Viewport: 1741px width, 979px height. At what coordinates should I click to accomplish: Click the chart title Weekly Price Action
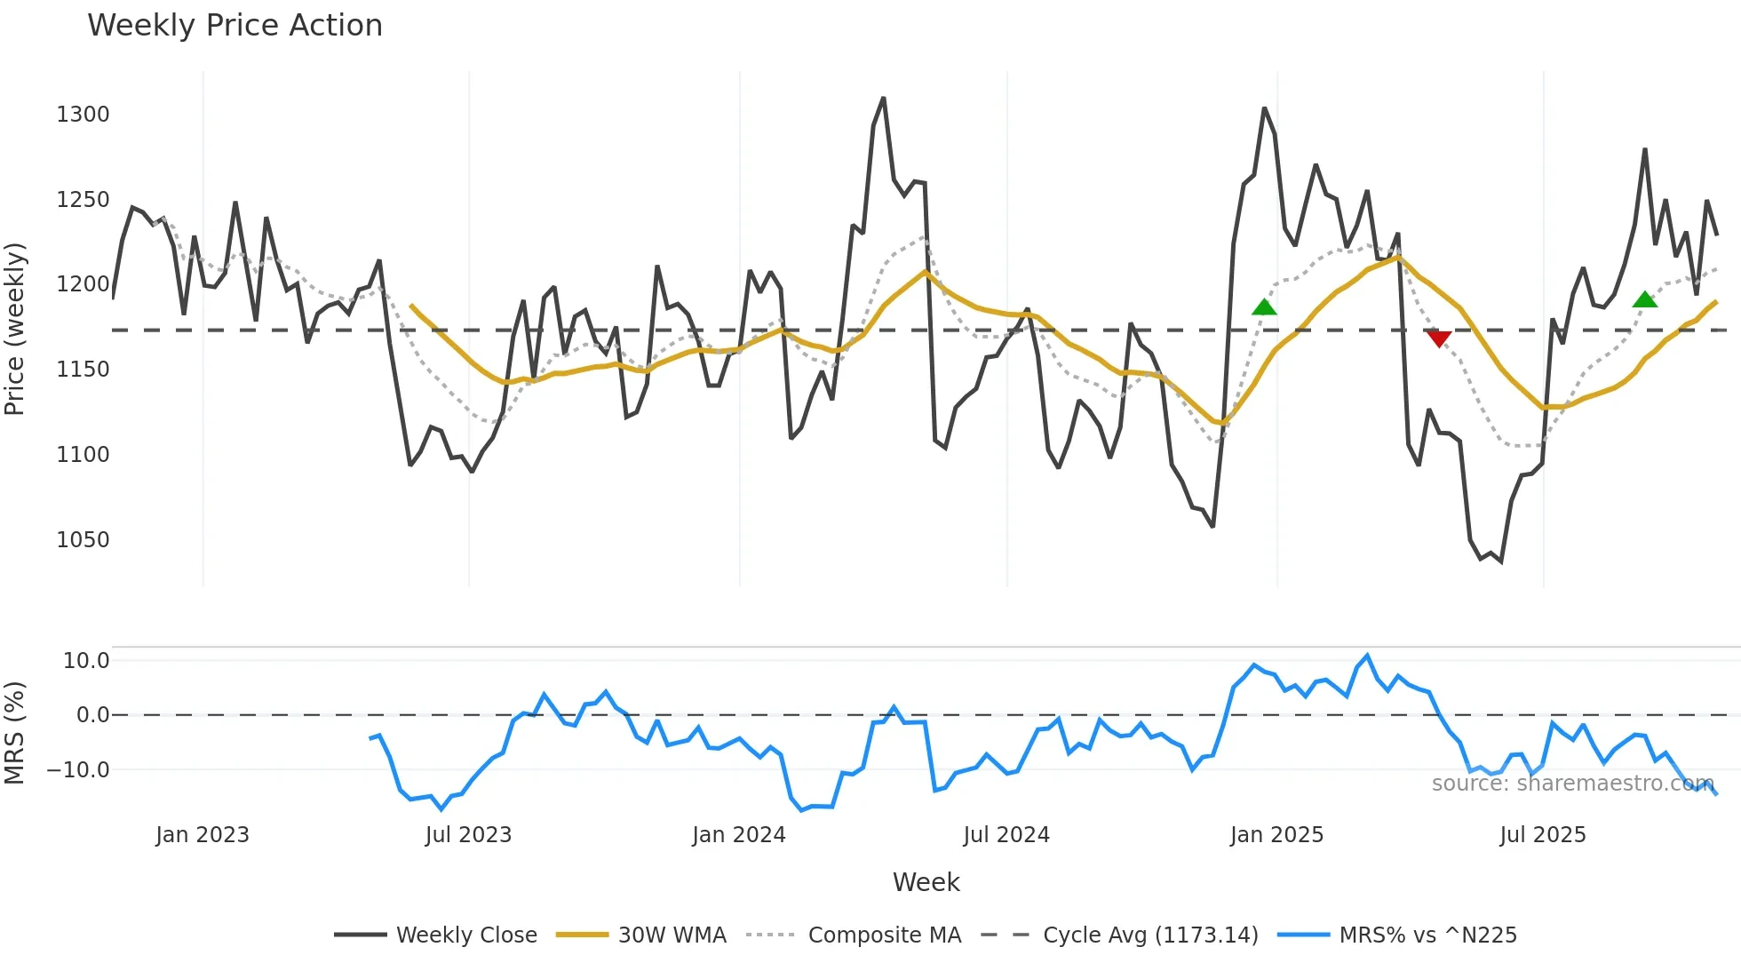click(x=235, y=26)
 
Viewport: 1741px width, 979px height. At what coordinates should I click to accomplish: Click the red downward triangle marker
click(x=1439, y=338)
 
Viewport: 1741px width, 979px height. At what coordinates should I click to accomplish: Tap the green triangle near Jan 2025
click(x=1264, y=307)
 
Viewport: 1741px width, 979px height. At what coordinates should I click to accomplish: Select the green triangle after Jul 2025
click(x=1645, y=299)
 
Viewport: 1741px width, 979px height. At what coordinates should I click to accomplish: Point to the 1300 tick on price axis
click(x=83, y=115)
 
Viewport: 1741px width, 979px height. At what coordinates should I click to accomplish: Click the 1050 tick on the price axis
click(x=83, y=540)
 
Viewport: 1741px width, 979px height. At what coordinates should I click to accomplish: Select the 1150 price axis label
click(x=83, y=370)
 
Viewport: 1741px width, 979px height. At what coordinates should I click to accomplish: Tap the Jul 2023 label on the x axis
click(x=468, y=835)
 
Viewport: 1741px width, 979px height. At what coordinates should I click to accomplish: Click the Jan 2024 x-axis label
click(x=739, y=835)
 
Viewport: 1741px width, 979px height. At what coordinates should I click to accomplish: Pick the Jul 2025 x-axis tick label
click(x=1543, y=835)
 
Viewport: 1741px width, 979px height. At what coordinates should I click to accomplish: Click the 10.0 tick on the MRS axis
click(x=86, y=661)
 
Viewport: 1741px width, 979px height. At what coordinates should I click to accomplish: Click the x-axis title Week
click(x=926, y=882)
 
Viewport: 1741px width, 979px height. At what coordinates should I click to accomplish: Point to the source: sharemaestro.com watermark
click(x=1572, y=784)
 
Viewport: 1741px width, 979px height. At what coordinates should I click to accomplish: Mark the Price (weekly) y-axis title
click(x=15, y=329)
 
